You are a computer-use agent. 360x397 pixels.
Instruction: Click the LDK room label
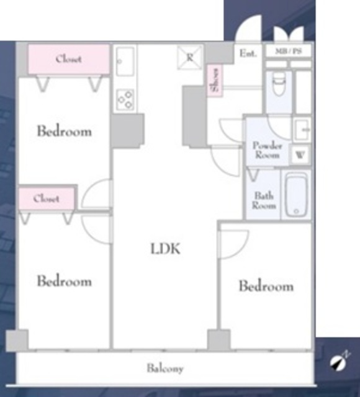click(166, 249)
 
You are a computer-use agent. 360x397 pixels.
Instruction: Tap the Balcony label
click(165, 368)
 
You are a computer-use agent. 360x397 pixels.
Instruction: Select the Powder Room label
click(268, 150)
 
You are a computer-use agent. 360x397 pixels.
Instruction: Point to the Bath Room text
click(264, 200)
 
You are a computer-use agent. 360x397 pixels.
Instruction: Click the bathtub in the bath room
click(296, 194)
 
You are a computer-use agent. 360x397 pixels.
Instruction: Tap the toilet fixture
click(279, 83)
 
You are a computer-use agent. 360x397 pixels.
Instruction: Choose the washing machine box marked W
click(300, 154)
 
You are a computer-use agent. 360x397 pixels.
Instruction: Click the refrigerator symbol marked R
click(190, 58)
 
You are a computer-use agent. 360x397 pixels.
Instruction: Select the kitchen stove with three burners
click(125, 100)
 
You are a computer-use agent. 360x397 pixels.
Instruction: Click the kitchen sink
click(125, 61)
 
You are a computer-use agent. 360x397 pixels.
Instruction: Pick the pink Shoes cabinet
click(215, 80)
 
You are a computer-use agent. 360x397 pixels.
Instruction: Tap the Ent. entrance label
click(248, 53)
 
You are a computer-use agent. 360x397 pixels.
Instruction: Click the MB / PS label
click(289, 51)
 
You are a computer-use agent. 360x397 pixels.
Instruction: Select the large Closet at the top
click(69, 59)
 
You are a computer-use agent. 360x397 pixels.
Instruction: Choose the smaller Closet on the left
click(47, 198)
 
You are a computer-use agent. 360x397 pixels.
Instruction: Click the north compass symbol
click(339, 362)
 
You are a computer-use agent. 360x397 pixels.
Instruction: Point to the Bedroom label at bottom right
click(266, 286)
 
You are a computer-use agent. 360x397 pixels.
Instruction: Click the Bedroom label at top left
click(65, 131)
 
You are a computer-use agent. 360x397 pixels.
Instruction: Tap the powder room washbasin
click(302, 130)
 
